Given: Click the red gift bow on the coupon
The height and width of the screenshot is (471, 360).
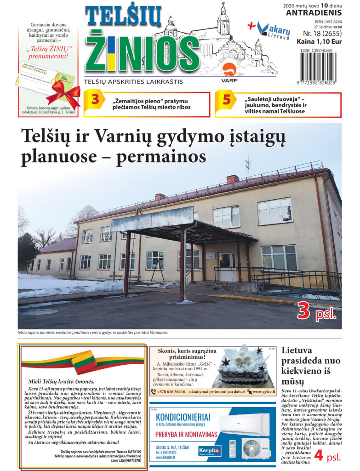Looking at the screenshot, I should coord(63,92).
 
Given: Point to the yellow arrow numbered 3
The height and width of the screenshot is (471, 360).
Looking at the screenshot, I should coord(95,100).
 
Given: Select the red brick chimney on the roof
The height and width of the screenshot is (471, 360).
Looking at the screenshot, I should coord(233,179).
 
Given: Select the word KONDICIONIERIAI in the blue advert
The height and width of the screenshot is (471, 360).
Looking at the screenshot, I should coord(183,417).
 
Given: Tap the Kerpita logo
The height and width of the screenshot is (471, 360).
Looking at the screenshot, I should coord(210,450).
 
